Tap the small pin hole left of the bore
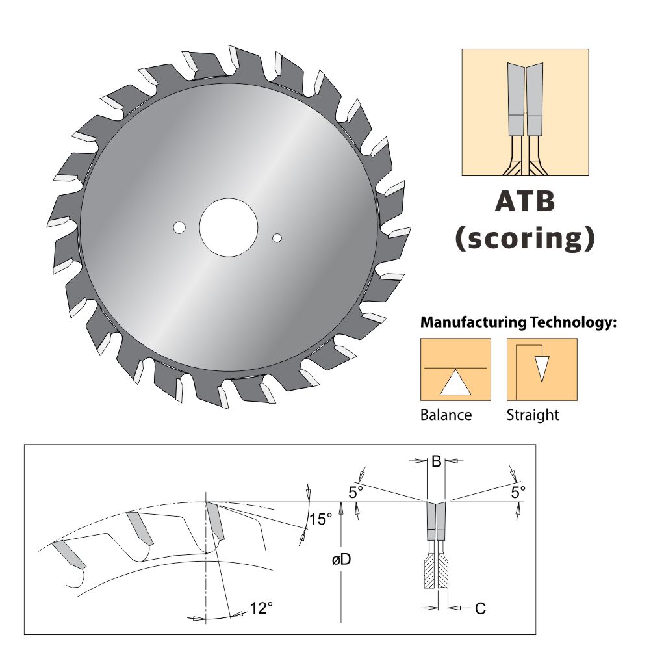click(179, 227)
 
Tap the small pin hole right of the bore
click(277, 238)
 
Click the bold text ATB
click(525, 201)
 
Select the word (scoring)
click(525, 238)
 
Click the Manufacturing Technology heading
click(518, 322)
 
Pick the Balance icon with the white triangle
click(455, 369)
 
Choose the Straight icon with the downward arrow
click(542, 369)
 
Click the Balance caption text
click(446, 415)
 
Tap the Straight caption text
click(532, 415)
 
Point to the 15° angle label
click(320, 519)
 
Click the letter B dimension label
click(436, 462)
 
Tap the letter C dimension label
click(480, 609)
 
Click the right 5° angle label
click(518, 493)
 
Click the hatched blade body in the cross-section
click(436, 572)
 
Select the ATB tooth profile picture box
click(525, 112)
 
